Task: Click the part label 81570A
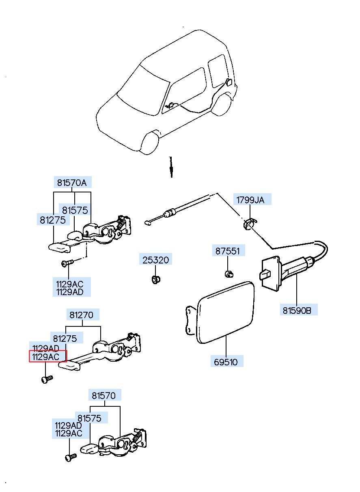[72, 183]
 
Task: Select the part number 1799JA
[250, 200]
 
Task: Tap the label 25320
[156, 260]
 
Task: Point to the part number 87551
[228, 251]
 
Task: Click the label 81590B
[297, 311]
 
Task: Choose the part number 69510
[226, 362]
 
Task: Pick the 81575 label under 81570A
[75, 210]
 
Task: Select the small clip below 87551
[229, 274]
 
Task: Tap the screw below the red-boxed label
[47, 379]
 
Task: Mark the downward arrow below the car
[171, 167]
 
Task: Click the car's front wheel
[150, 143]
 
